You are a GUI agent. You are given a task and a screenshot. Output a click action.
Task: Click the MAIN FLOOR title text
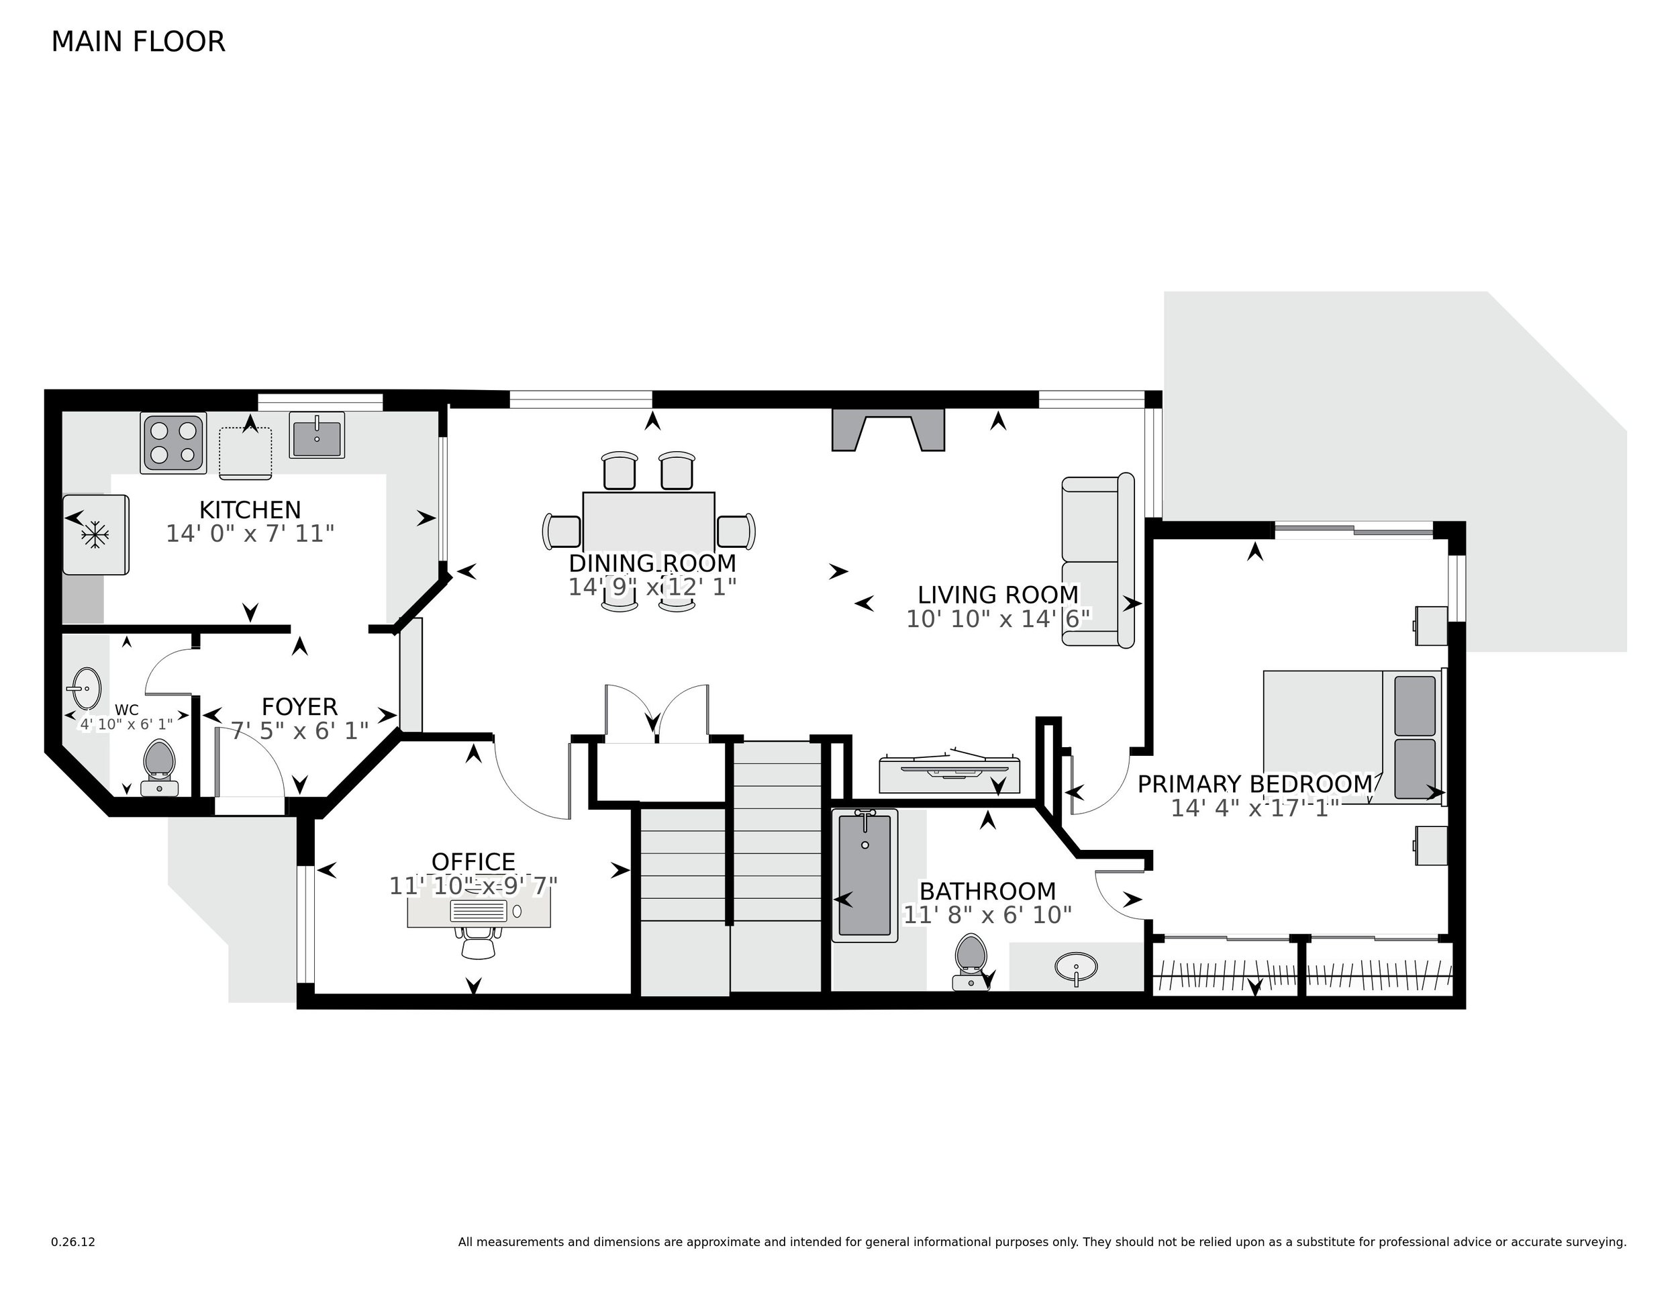click(x=138, y=42)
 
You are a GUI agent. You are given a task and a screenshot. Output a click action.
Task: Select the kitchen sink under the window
click(x=317, y=435)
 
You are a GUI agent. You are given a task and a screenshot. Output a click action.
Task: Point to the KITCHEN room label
click(x=250, y=510)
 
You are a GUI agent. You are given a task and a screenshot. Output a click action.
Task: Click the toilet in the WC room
click(x=160, y=759)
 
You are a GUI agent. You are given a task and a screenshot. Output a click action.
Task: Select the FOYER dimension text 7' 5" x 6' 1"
click(x=299, y=730)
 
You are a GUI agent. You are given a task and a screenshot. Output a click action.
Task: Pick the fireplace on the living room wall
click(x=887, y=430)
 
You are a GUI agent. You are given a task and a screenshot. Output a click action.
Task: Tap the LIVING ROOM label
click(x=998, y=595)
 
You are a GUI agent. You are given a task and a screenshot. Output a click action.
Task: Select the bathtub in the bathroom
click(x=865, y=875)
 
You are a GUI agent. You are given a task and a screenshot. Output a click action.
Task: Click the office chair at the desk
click(x=478, y=942)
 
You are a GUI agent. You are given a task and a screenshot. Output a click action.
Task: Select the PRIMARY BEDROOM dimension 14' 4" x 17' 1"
click(x=1254, y=808)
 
